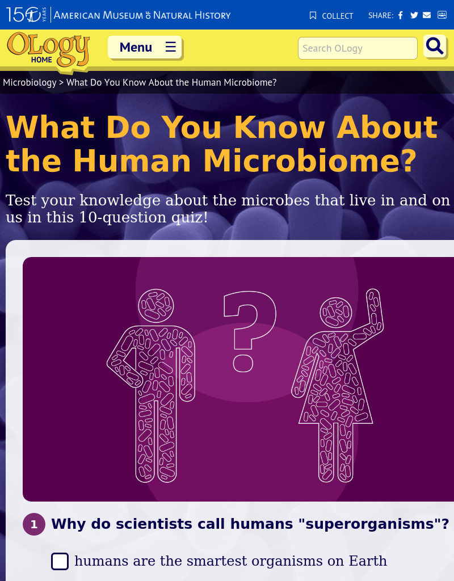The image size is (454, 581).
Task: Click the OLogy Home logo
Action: coord(48,50)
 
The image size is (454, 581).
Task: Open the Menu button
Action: coord(145,47)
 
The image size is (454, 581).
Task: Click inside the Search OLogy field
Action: coord(358,48)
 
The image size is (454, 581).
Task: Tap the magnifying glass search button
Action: coord(435,47)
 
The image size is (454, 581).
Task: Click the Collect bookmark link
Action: coord(331,15)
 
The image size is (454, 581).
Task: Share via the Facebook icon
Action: coord(400,15)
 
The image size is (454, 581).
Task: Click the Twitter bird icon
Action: coord(414,15)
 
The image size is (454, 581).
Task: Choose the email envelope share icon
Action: coord(427,15)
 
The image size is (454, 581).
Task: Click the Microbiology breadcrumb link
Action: coord(30,82)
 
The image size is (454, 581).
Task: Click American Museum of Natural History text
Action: coord(142,15)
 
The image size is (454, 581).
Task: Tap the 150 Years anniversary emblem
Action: coord(26,15)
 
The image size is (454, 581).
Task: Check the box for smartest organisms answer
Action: coord(60,561)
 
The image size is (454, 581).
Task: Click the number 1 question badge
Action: coord(34,524)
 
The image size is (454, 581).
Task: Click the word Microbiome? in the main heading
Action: coord(310,161)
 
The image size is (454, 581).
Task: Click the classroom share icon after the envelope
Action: coord(442,15)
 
